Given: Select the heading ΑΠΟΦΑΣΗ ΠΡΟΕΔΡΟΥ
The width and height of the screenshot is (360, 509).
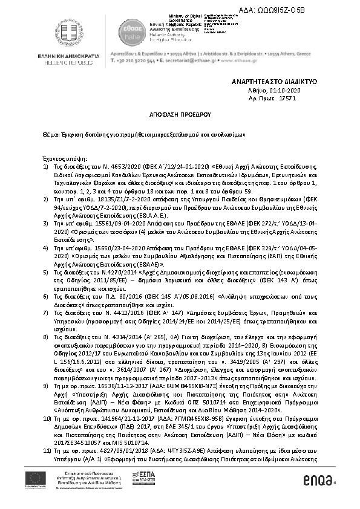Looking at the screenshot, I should pyautogui.click(x=180, y=113).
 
